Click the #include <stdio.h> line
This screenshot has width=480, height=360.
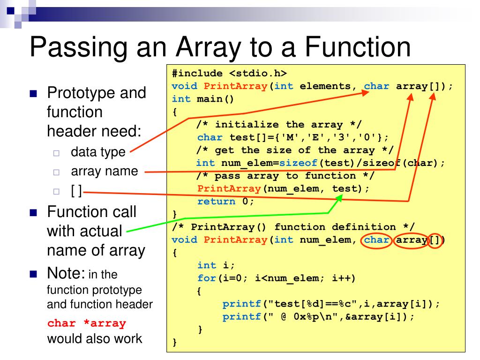pos(229,74)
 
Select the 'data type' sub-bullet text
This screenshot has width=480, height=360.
pos(98,152)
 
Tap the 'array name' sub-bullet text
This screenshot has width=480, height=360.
pos(105,171)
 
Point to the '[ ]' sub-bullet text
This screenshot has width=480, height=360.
pos(76,191)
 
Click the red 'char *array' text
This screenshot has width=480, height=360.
pos(87,323)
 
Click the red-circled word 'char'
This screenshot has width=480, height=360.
pos(377,240)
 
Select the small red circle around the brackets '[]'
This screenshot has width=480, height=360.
pos(436,240)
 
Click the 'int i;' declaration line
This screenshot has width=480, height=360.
pos(216,265)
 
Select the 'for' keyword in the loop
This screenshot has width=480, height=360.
pos(206,278)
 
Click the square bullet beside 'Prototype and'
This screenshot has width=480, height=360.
pos(33,93)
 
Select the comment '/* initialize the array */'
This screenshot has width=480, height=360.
pos(279,125)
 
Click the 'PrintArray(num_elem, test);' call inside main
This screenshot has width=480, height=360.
pos(283,188)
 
